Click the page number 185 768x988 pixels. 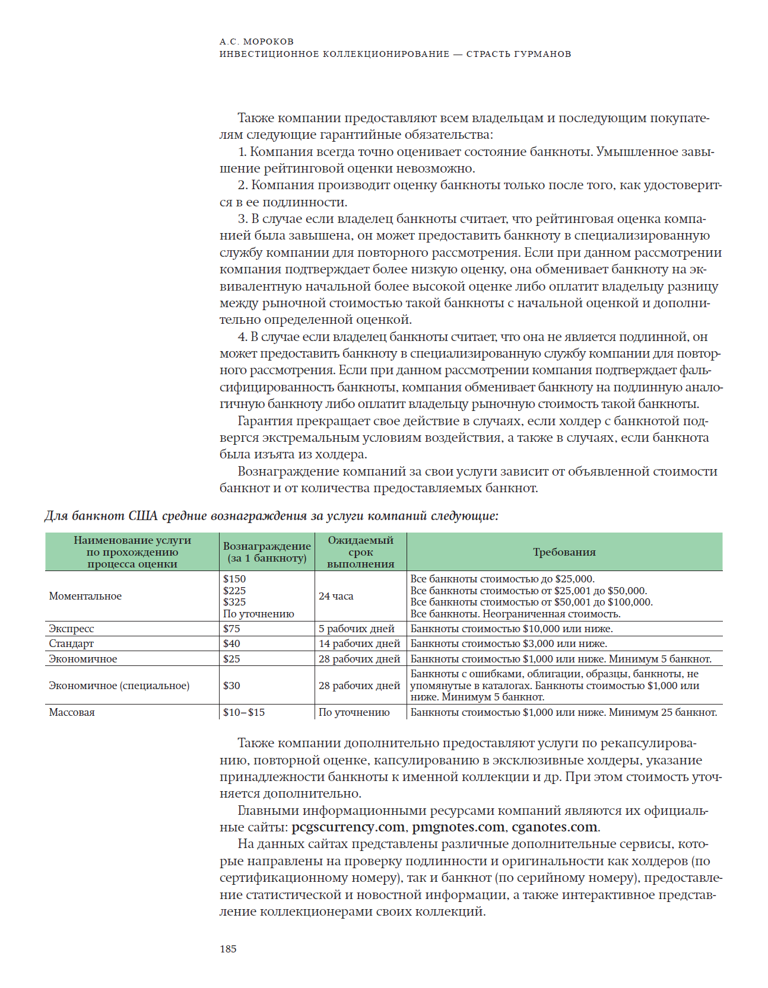click(228, 949)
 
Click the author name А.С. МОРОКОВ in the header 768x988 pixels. click(256, 42)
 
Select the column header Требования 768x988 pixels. click(564, 552)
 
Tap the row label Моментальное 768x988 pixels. click(85, 596)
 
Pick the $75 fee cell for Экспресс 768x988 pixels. click(232, 629)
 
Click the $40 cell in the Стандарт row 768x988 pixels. click(232, 643)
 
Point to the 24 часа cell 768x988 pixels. click(336, 596)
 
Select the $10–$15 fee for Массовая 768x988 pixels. click(244, 712)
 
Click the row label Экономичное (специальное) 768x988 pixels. click(119, 686)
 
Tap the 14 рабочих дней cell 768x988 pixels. click(359, 643)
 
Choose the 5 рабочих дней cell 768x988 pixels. click(356, 629)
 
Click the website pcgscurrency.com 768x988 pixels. click(348, 827)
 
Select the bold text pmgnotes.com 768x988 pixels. click(458, 827)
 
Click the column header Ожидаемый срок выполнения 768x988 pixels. click(361, 552)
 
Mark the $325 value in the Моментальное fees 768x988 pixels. click(234, 602)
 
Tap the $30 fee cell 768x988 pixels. click(232, 686)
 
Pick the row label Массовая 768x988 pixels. click(72, 712)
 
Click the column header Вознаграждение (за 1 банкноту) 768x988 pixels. click(267, 552)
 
